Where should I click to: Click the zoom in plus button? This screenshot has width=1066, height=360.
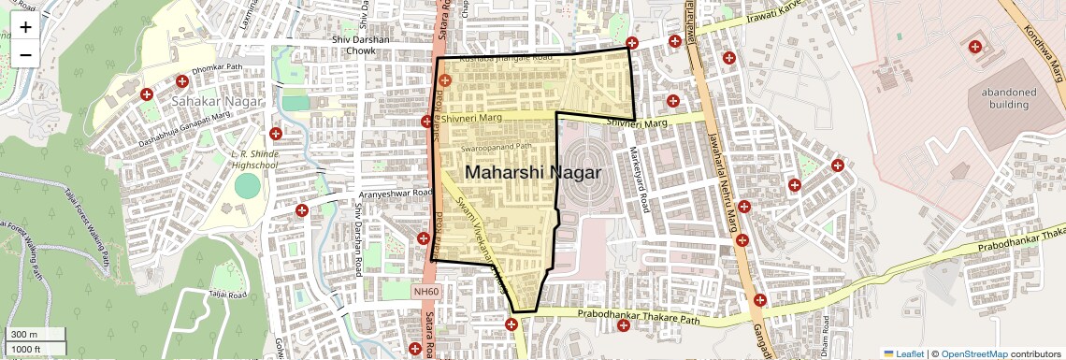click(25, 26)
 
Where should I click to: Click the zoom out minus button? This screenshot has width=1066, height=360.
click(25, 54)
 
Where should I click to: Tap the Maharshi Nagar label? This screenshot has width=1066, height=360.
click(533, 173)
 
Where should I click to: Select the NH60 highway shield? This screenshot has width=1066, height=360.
click(425, 292)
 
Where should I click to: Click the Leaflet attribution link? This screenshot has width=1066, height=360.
click(903, 353)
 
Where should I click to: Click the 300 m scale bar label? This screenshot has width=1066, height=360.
click(24, 334)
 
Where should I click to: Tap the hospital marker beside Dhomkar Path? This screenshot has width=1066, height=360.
click(147, 94)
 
